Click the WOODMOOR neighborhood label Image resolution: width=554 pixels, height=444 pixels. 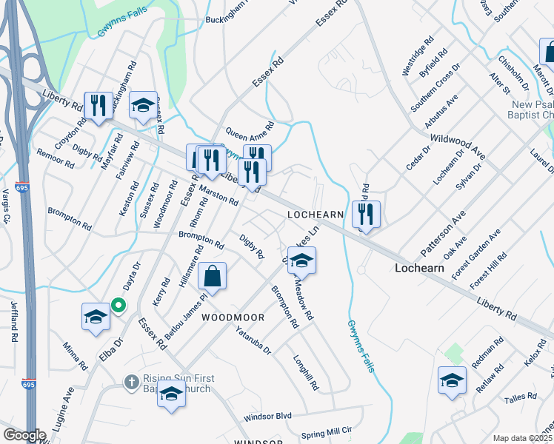point(234,317)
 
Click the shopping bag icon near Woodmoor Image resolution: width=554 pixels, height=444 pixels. point(212,277)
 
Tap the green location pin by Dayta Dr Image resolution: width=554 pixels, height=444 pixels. point(118,304)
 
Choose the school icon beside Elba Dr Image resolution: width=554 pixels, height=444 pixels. point(96,317)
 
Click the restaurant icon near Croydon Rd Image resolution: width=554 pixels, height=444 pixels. point(98,104)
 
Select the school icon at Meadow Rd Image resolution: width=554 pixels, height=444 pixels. point(301,260)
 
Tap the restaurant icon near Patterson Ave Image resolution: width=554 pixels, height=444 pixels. point(366,214)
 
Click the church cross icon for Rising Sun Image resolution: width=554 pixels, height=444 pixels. point(130,381)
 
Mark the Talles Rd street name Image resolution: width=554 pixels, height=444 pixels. point(521,397)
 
